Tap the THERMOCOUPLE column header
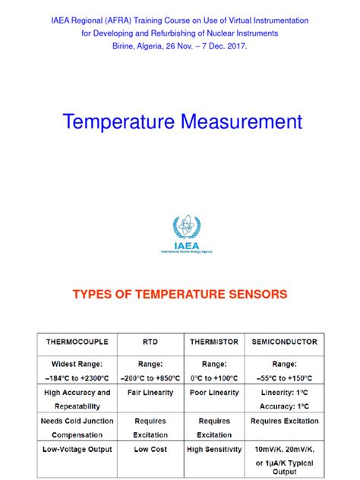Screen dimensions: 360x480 [77, 342]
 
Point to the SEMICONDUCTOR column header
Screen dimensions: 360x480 [284, 342]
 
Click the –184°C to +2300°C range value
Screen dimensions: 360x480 [77, 377]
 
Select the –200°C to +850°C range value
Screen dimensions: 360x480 [150, 377]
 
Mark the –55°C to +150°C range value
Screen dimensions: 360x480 [284, 377]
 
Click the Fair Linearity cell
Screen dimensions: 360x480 [150, 393]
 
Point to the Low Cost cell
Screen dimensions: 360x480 [150, 450]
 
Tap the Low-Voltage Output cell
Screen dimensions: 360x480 [77, 450]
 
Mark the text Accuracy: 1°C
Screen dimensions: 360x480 [284, 406]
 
